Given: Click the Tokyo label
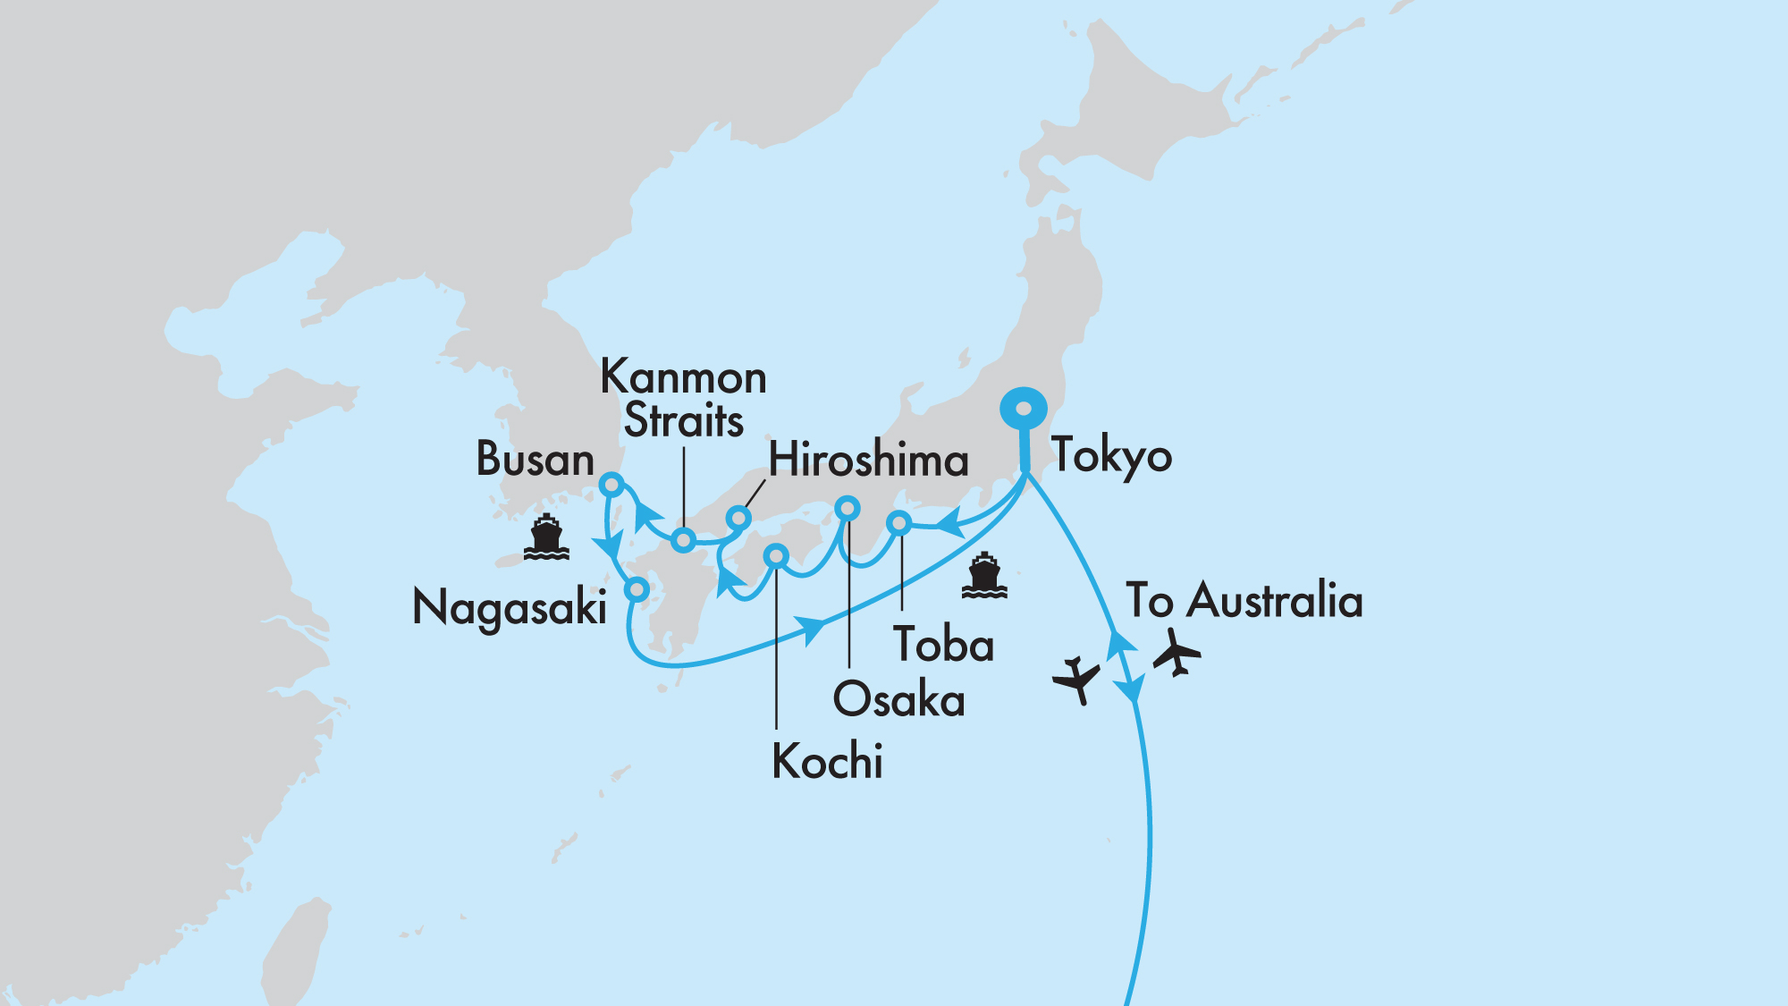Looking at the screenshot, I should click(x=1110, y=456).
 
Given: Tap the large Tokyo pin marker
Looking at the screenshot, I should click(x=1025, y=410).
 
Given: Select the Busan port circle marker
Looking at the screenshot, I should click(x=611, y=485).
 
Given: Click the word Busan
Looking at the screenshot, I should click(x=535, y=460).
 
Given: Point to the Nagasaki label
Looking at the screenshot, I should click(x=510, y=608).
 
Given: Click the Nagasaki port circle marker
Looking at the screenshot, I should click(x=637, y=589).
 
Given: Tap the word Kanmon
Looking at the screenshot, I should click(x=683, y=377).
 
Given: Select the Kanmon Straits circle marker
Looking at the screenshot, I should click(x=683, y=540).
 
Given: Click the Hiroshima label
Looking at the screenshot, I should click(x=868, y=461).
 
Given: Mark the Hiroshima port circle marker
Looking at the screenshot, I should click(x=738, y=518).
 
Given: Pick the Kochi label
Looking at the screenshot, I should click(x=827, y=762).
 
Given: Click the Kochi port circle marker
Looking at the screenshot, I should click(x=776, y=557).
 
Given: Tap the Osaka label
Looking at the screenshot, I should click(x=898, y=699).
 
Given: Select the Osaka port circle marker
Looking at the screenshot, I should click(x=847, y=509).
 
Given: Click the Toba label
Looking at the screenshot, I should click(x=943, y=645).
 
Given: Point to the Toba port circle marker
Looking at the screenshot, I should click(x=899, y=523).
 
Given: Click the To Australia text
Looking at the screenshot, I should click(x=1244, y=600).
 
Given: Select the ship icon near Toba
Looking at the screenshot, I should click(x=984, y=576).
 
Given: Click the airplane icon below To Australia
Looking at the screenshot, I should click(x=1177, y=653).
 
